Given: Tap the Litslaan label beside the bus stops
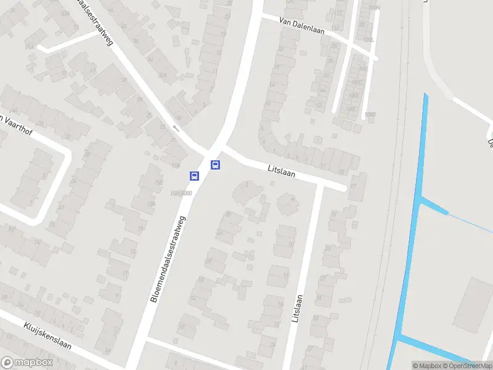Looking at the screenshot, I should (282, 170).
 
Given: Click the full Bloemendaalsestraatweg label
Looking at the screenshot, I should (168, 258).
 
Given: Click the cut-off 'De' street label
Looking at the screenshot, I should (491, 144).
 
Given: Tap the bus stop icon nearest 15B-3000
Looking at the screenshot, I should (194, 176).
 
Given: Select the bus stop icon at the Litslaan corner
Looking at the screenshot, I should (216, 165).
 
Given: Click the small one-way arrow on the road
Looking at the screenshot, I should (176, 129).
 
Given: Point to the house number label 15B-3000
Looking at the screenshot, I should (181, 193).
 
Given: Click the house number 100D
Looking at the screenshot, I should (369, 115).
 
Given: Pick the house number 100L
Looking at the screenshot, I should (368, 40).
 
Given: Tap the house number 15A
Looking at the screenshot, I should (150, 205).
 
